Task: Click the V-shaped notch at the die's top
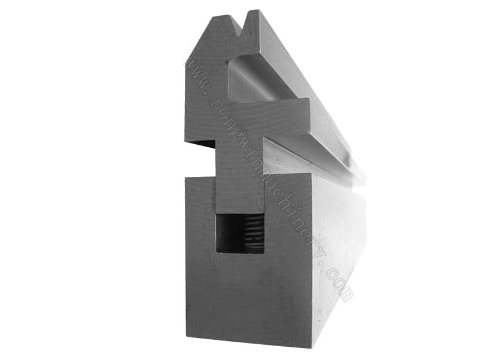tap(240, 26)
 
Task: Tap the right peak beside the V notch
tap(253, 12)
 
